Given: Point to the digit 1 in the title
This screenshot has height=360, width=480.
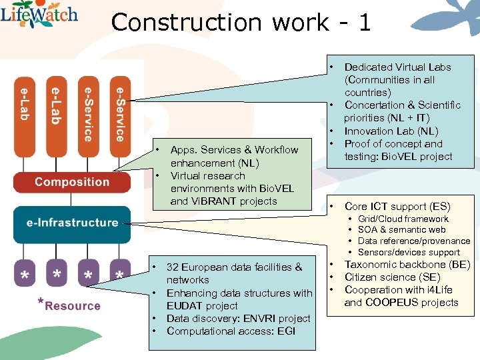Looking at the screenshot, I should (364, 23).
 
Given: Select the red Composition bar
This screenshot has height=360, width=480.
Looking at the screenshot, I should (72, 182).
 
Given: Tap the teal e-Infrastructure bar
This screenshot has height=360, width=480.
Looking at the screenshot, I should (72, 223).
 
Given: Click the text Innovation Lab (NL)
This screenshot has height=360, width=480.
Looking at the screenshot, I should (391, 131).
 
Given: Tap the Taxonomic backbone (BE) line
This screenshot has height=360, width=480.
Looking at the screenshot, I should (407, 265).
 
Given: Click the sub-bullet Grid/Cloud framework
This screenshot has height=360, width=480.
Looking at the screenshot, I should (403, 219).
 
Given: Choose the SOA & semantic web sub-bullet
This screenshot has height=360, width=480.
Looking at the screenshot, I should (401, 230).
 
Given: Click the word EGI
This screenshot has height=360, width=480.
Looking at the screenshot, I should (285, 331).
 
